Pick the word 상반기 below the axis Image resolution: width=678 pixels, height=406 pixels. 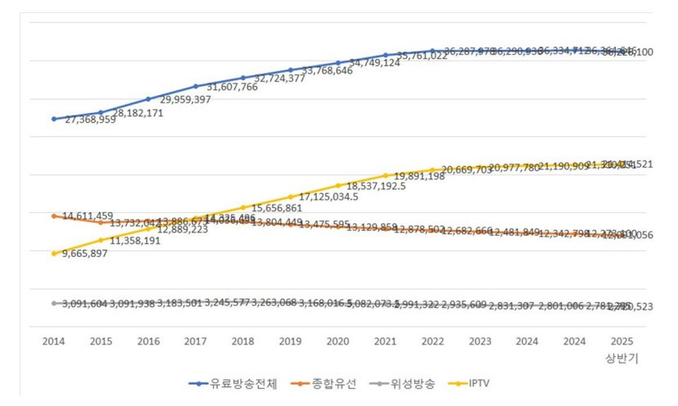point(621,357)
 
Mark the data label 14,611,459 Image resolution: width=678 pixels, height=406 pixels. point(88,215)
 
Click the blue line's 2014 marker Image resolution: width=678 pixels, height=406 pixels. point(54,119)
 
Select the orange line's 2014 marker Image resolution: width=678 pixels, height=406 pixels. point(54,216)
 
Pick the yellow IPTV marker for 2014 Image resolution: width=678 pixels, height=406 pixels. point(54,254)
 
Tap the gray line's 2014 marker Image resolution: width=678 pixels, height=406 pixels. point(54,303)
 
